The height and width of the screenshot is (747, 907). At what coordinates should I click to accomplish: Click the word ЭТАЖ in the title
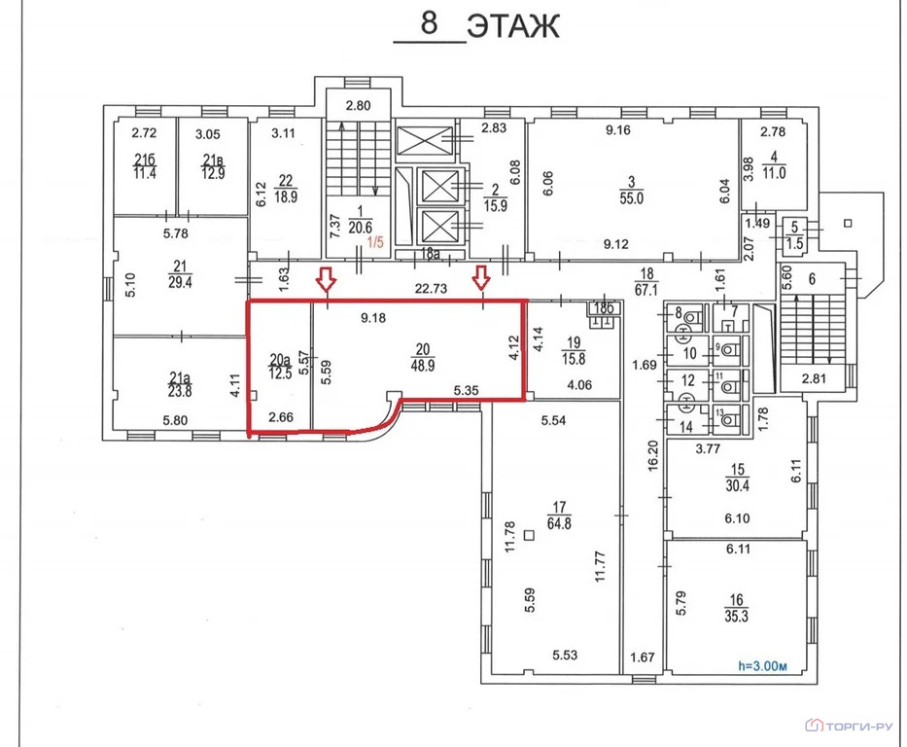click(513, 26)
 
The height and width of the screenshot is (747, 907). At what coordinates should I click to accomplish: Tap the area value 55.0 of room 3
click(631, 197)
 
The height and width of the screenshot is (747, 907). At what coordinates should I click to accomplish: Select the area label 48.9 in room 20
click(422, 366)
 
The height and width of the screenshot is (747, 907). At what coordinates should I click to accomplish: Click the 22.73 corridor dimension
click(431, 288)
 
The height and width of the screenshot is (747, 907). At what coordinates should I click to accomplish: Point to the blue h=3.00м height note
click(762, 666)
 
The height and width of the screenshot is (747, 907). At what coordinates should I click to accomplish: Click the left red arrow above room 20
click(327, 279)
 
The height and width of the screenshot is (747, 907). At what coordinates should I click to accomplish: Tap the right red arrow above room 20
click(481, 278)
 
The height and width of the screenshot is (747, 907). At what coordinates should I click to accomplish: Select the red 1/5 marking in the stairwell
click(375, 242)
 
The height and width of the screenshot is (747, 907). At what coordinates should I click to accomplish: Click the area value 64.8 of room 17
click(559, 524)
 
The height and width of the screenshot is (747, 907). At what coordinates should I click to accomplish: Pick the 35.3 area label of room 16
click(736, 617)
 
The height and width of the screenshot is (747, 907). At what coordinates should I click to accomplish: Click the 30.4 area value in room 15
click(737, 485)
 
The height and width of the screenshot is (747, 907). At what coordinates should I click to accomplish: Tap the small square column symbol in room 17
click(529, 535)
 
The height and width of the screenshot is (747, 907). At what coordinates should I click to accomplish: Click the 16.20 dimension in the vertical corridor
click(653, 455)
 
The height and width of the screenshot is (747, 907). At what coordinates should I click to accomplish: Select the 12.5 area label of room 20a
click(280, 373)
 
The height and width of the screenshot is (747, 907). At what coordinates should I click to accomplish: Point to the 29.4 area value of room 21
click(180, 282)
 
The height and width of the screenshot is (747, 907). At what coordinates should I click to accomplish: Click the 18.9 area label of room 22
click(286, 196)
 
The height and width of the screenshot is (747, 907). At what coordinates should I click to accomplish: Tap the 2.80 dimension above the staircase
click(358, 105)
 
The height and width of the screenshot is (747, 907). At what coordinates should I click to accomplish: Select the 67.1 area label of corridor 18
click(646, 289)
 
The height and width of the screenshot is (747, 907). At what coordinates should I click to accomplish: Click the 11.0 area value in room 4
click(774, 172)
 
